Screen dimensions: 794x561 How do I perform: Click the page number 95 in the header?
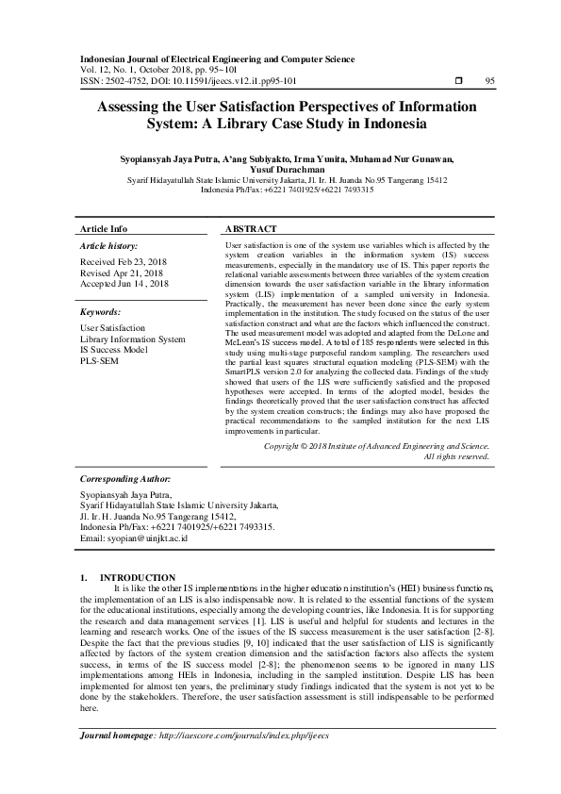coord(489,81)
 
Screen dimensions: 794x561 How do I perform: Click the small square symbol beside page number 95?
coord(458,81)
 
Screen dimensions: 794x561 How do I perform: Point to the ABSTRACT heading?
coord(252,229)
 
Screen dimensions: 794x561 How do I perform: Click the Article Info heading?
coord(104,229)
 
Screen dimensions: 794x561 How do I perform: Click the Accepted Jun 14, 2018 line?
coord(124,282)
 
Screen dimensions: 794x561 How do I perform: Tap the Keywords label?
coord(101,310)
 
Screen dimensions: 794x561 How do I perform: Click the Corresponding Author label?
coord(124,479)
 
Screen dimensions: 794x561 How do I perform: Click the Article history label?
coord(112,245)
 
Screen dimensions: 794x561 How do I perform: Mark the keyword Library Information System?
coord(133,339)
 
